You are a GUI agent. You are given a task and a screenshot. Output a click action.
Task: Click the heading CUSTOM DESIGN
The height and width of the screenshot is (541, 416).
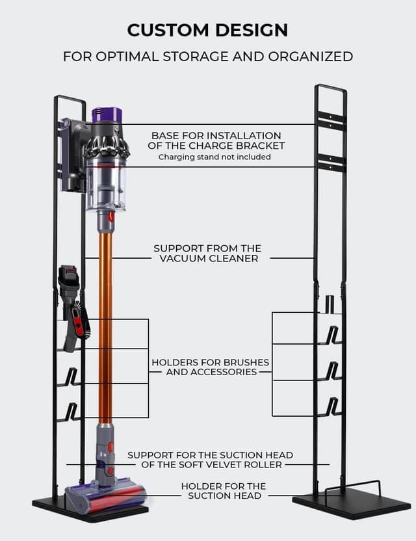207,30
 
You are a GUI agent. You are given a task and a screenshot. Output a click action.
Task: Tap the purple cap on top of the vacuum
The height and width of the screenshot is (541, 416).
107,114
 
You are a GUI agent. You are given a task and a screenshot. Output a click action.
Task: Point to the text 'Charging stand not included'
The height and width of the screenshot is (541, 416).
214,157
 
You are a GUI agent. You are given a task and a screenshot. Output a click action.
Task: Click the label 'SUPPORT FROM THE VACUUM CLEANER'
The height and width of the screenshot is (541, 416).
207,253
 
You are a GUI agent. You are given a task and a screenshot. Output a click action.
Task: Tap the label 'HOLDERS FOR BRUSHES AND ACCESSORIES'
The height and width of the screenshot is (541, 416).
210,367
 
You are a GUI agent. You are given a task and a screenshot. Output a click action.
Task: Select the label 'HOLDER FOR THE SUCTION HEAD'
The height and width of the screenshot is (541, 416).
223,491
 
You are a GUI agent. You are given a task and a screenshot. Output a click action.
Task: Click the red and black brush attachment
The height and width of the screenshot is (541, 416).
77,321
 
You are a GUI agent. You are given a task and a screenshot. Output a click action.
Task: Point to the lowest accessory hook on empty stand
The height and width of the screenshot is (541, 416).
331,406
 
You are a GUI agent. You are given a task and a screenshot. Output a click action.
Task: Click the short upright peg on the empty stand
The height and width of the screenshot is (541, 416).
330,303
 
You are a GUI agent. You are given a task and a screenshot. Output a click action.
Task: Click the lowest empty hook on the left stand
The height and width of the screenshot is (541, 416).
71,412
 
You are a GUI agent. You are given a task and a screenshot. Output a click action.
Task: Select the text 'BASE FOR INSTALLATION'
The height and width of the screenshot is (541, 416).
216,135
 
